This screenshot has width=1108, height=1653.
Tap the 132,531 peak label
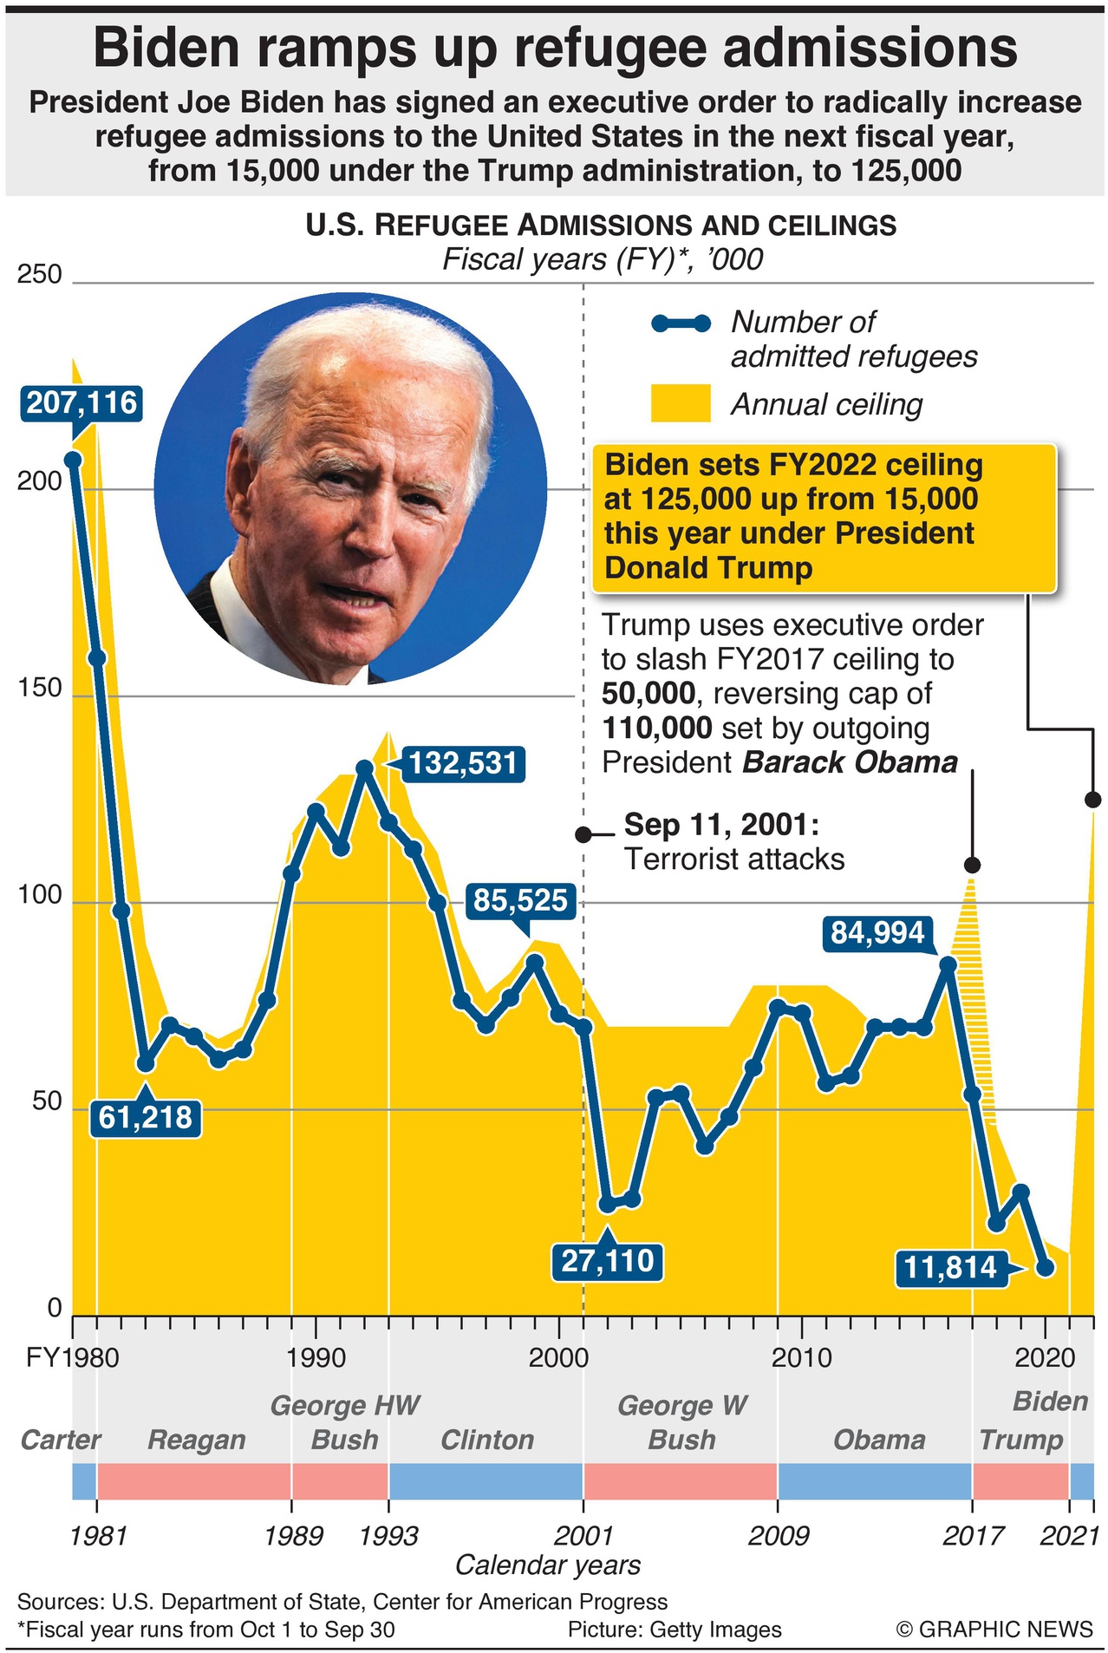pos(463,763)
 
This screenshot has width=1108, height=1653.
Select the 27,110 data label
pos(608,1260)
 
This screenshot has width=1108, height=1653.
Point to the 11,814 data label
pos(951,1268)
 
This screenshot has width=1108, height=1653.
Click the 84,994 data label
pos(877,932)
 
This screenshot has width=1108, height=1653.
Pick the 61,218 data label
pos(145,1117)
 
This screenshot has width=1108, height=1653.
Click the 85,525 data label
pos(520,900)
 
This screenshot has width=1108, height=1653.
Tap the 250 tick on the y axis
pos(40,274)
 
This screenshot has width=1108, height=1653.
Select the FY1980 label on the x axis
pos(72,1357)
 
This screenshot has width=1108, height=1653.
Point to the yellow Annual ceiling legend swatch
pos(681,403)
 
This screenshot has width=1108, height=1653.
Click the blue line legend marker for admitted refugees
pos(681,323)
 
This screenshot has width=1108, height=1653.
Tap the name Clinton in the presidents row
pos(487,1440)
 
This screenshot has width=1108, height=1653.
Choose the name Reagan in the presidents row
pos(197,1440)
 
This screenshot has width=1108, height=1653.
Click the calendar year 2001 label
pos(583,1536)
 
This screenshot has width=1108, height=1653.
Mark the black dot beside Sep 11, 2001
pos(583,834)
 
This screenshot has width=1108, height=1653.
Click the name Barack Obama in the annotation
pos(851,762)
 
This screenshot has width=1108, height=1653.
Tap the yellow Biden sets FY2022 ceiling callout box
pos(824,518)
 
